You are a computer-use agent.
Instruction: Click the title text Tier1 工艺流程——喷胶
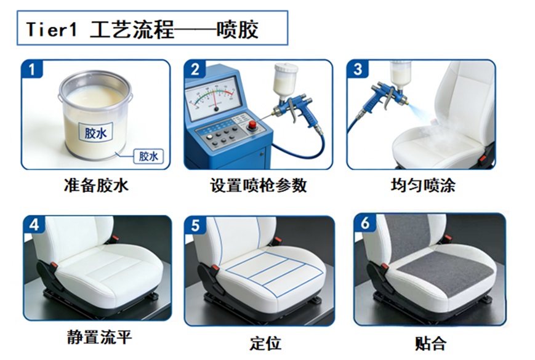[x=142, y=30]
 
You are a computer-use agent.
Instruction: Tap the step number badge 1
[x=32, y=69]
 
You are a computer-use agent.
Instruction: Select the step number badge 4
[x=34, y=225]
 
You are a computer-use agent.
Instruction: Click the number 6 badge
[x=365, y=223]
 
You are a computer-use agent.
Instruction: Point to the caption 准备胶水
[x=96, y=185]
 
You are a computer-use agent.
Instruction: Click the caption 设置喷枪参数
[x=259, y=185]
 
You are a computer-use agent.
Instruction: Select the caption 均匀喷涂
[x=423, y=185]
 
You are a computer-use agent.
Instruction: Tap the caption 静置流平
[x=99, y=337]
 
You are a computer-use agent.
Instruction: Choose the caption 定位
[x=265, y=343]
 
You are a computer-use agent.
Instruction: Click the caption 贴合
[x=430, y=343]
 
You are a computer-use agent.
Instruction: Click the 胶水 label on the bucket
[x=96, y=132]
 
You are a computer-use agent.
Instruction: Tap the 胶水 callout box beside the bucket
[x=148, y=156]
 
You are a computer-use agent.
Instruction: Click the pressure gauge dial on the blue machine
[x=213, y=97]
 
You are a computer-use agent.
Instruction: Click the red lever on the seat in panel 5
[x=215, y=268]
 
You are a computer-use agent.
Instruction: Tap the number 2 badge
[x=195, y=69]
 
